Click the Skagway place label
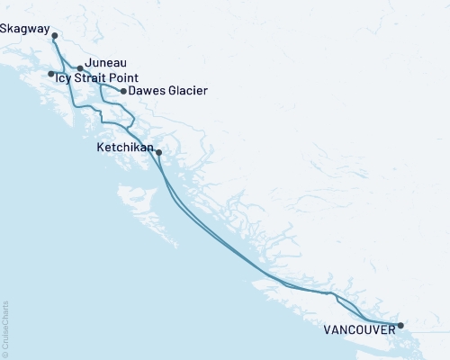(x=24, y=29)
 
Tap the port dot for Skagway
(x=55, y=36)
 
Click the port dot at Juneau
(x=80, y=68)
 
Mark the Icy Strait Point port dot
(x=50, y=74)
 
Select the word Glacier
(x=187, y=91)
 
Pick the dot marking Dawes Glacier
(x=123, y=91)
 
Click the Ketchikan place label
(x=124, y=145)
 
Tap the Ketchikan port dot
(x=158, y=152)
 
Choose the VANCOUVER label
(x=358, y=330)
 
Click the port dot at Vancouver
(x=400, y=326)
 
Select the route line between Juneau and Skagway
(x=66, y=55)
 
